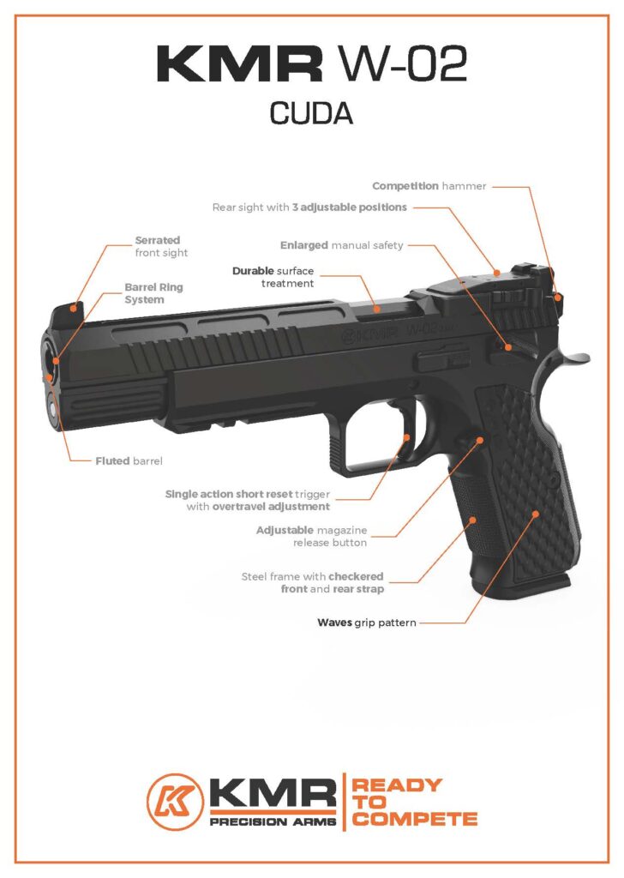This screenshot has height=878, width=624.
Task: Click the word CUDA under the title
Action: click(x=311, y=113)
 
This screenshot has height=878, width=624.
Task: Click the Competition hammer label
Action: click(x=429, y=185)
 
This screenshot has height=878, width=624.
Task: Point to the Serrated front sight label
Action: click(x=161, y=247)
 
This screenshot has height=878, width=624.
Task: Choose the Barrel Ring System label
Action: click(x=154, y=293)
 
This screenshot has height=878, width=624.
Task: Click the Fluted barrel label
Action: click(x=129, y=460)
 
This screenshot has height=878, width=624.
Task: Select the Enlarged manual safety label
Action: click(x=341, y=245)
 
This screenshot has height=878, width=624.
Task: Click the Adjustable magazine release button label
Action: click(x=312, y=536)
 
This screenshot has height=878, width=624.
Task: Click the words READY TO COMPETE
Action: click(x=415, y=802)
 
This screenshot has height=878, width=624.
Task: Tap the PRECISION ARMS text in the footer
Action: click(x=273, y=821)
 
